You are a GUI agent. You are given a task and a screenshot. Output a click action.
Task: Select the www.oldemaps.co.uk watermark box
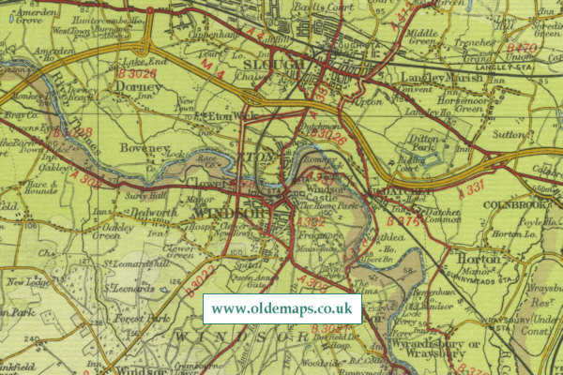point(281,308)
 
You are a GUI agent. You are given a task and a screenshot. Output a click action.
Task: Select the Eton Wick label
point(232,116)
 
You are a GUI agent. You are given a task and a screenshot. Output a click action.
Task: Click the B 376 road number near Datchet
point(406,221)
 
